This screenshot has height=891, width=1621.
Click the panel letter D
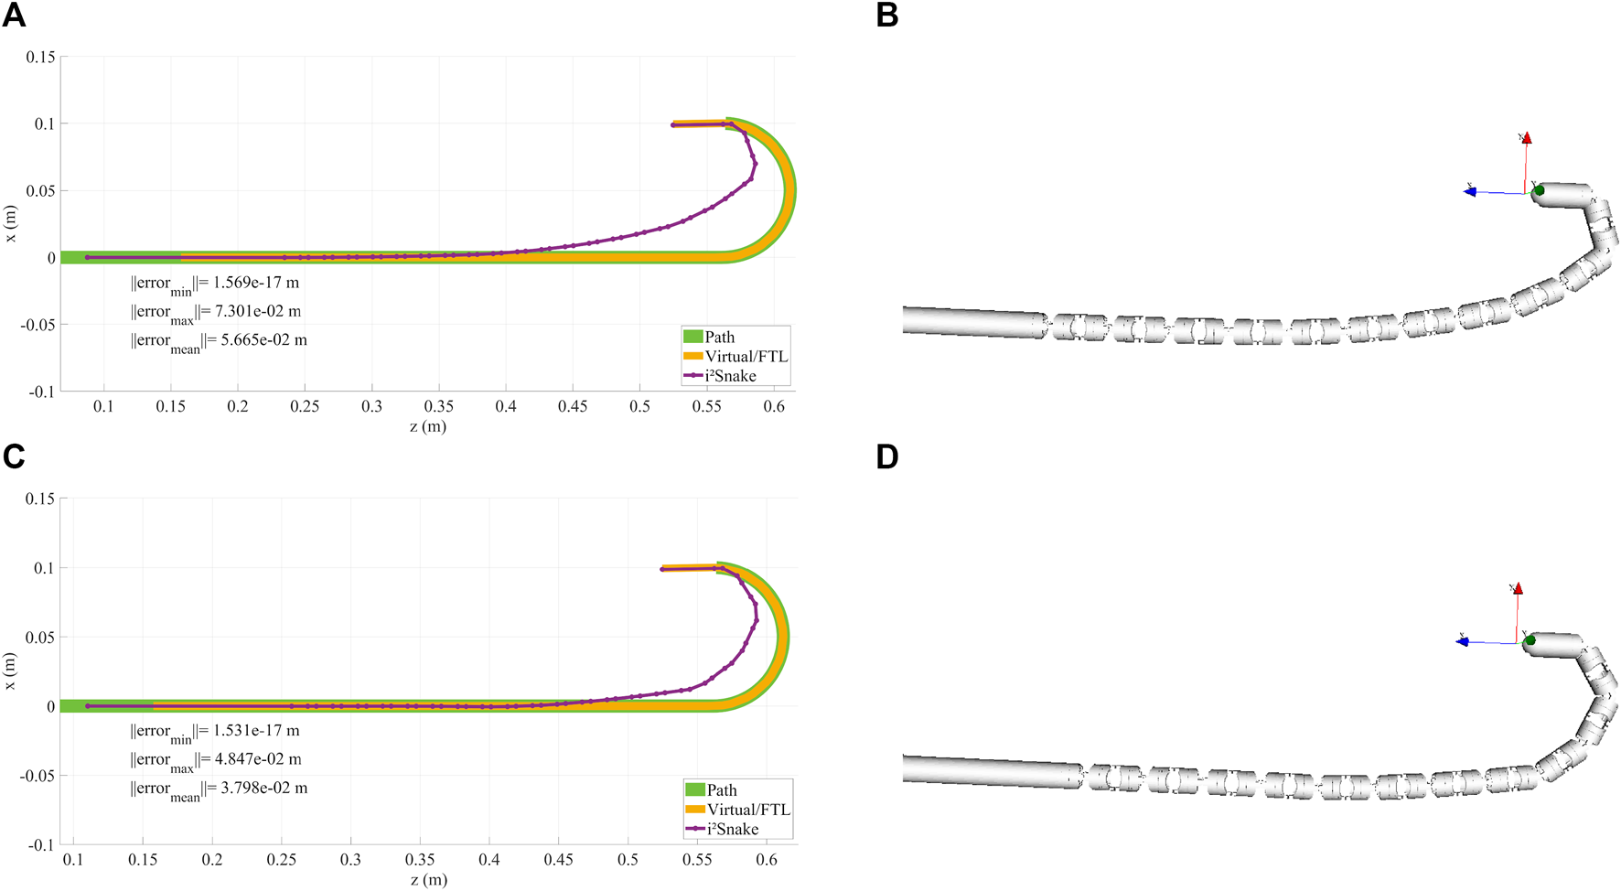click(x=887, y=456)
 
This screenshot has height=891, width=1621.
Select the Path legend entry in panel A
click(x=719, y=338)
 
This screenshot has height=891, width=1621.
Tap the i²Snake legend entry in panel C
click(x=732, y=829)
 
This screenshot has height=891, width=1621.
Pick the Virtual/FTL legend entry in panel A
click(x=746, y=357)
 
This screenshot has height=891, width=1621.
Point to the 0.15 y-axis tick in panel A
click(x=40, y=57)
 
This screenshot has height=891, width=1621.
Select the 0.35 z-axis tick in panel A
click(x=439, y=406)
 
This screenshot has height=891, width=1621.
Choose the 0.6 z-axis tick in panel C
click(x=767, y=860)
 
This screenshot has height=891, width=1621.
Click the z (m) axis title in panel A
click(x=428, y=426)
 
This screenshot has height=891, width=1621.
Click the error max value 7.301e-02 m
click(x=258, y=311)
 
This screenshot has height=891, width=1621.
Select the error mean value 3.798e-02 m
click(x=260, y=788)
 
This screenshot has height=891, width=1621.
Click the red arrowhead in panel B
click(x=1526, y=138)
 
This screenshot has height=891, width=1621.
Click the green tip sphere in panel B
click(x=1539, y=190)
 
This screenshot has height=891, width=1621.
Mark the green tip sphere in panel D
click(x=1530, y=640)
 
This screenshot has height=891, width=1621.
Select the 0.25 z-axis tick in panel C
click(x=282, y=860)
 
